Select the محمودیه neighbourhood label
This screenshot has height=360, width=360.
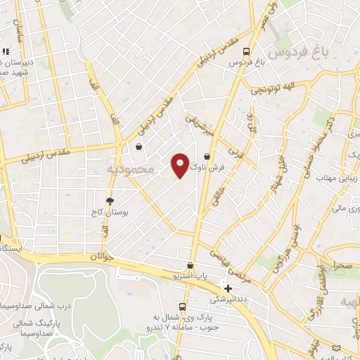click(129, 169)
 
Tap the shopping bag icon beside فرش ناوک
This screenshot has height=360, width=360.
click(207, 156)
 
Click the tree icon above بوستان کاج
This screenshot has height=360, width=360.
click(110, 200)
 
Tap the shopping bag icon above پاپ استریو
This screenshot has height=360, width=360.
click(191, 266)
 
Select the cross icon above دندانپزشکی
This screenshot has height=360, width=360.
click(227, 288)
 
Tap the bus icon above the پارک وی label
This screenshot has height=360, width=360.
click(183, 307)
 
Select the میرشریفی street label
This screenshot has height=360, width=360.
click(199, 124)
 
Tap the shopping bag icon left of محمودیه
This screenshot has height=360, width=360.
click(139, 147)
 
